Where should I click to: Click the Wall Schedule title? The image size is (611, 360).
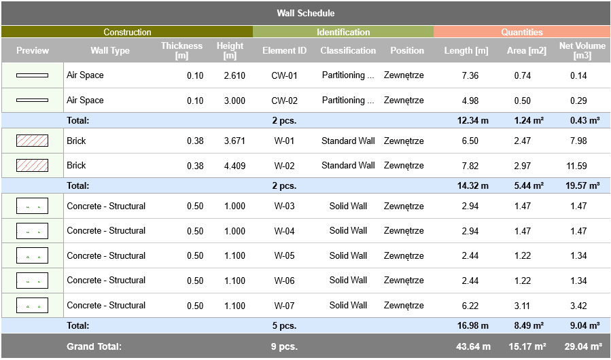305,13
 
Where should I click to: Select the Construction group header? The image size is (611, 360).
127,32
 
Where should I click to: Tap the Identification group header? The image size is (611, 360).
343,32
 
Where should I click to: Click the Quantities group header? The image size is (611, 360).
522,32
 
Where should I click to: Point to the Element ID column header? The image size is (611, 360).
284,50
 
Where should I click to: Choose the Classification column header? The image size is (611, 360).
348,50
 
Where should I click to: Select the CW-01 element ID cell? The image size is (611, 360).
284,75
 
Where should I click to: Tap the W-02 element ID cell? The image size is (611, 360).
284,166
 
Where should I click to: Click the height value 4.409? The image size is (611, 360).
234,166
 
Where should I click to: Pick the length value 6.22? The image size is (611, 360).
470,306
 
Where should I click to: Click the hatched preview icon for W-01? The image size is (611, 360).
32,141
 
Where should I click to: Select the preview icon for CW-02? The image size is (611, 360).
32,101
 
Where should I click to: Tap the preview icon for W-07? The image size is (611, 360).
32,306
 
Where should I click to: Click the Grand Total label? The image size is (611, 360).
94,346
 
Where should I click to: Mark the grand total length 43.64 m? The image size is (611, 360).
473,346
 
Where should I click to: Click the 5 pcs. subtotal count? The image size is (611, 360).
284,326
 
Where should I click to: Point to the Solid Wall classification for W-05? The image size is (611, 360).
348,256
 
